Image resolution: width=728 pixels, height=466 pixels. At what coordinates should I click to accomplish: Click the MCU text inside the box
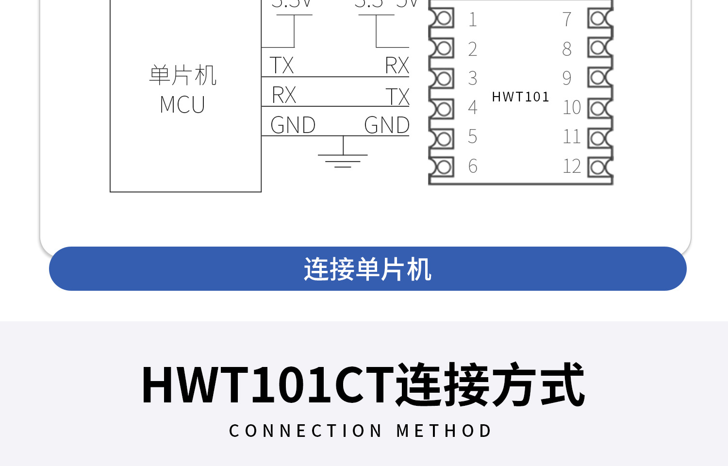point(182,105)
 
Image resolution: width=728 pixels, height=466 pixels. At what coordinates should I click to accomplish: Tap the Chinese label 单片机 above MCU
point(182,76)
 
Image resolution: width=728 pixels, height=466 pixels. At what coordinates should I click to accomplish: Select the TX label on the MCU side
point(282,66)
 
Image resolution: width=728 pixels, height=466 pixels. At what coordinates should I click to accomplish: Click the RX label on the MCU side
point(284,95)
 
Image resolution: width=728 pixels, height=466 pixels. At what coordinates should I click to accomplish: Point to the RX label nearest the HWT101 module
point(397,66)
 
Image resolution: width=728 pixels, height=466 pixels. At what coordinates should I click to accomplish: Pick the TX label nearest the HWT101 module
point(397,97)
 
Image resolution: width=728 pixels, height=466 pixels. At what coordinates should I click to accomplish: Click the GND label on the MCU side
point(293,125)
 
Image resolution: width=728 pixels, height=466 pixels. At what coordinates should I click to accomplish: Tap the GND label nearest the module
point(387,125)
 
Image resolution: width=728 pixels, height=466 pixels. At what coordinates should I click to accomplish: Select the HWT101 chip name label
point(520,97)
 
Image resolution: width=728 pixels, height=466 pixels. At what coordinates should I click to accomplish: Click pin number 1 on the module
point(473,20)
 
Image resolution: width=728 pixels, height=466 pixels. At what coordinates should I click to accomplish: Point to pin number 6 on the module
point(473,166)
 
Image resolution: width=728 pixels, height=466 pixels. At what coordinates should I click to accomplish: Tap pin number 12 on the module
point(572,166)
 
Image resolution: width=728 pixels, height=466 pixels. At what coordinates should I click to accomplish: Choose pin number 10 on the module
point(572,107)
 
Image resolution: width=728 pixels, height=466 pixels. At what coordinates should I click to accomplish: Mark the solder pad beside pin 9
point(599,78)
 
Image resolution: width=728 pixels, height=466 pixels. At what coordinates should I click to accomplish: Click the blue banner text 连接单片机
point(367,269)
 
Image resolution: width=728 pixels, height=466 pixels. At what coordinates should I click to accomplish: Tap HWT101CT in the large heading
point(267,385)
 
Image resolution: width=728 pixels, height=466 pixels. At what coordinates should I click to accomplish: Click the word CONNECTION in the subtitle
point(306,431)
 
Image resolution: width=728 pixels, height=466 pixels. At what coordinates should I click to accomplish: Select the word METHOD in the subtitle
point(444,431)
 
